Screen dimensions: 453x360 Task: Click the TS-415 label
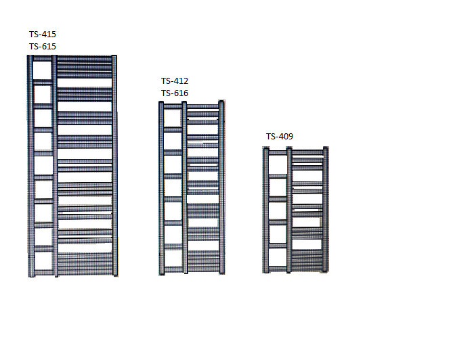(x=43, y=34)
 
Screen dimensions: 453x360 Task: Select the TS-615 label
(x=43, y=46)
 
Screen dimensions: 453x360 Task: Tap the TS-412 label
(x=175, y=81)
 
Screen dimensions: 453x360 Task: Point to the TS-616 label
(x=175, y=93)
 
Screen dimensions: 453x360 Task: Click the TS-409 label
(x=280, y=136)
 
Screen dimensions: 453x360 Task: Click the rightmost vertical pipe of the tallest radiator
(x=114, y=165)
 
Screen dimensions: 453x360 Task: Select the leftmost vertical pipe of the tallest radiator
(x=30, y=166)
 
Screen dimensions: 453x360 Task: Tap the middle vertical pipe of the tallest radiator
(x=55, y=166)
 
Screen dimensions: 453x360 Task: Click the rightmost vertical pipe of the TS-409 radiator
(x=326, y=210)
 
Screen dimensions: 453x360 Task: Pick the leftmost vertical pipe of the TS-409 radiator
(x=266, y=210)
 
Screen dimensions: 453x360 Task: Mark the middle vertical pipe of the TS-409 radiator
(x=289, y=210)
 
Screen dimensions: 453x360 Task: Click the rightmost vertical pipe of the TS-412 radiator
(x=221, y=187)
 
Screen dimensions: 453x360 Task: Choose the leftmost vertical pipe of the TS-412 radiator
(x=162, y=188)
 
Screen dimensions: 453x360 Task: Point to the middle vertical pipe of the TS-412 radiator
(x=185, y=187)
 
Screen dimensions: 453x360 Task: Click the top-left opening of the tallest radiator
(x=43, y=70)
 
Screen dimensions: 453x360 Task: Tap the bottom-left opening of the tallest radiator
(x=43, y=261)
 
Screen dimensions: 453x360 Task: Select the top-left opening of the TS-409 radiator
(x=278, y=165)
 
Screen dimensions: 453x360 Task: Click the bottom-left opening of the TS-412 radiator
(x=173, y=258)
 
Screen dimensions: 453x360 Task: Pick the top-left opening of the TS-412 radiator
(x=173, y=118)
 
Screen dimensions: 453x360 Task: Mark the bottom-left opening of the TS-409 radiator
(x=278, y=258)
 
